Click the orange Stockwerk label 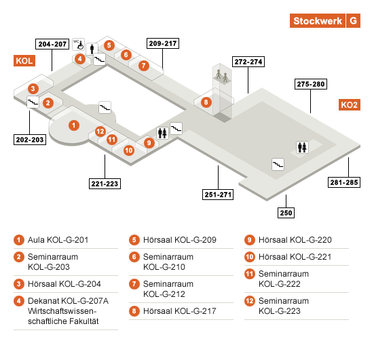317,21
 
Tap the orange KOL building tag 24,61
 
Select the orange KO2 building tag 349,105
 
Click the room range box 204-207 52,44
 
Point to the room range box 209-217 163,43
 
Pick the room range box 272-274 248,62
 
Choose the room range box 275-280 311,84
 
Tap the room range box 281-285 344,182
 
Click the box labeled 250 286,213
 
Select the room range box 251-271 218,195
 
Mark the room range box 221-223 105,184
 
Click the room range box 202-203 30,140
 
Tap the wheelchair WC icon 79,44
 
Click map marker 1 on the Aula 74,125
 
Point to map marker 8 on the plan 206,102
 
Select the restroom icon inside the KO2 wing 302,147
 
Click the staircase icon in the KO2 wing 278,164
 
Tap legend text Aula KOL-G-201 58,240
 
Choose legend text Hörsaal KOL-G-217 180,311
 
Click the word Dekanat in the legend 43,301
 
